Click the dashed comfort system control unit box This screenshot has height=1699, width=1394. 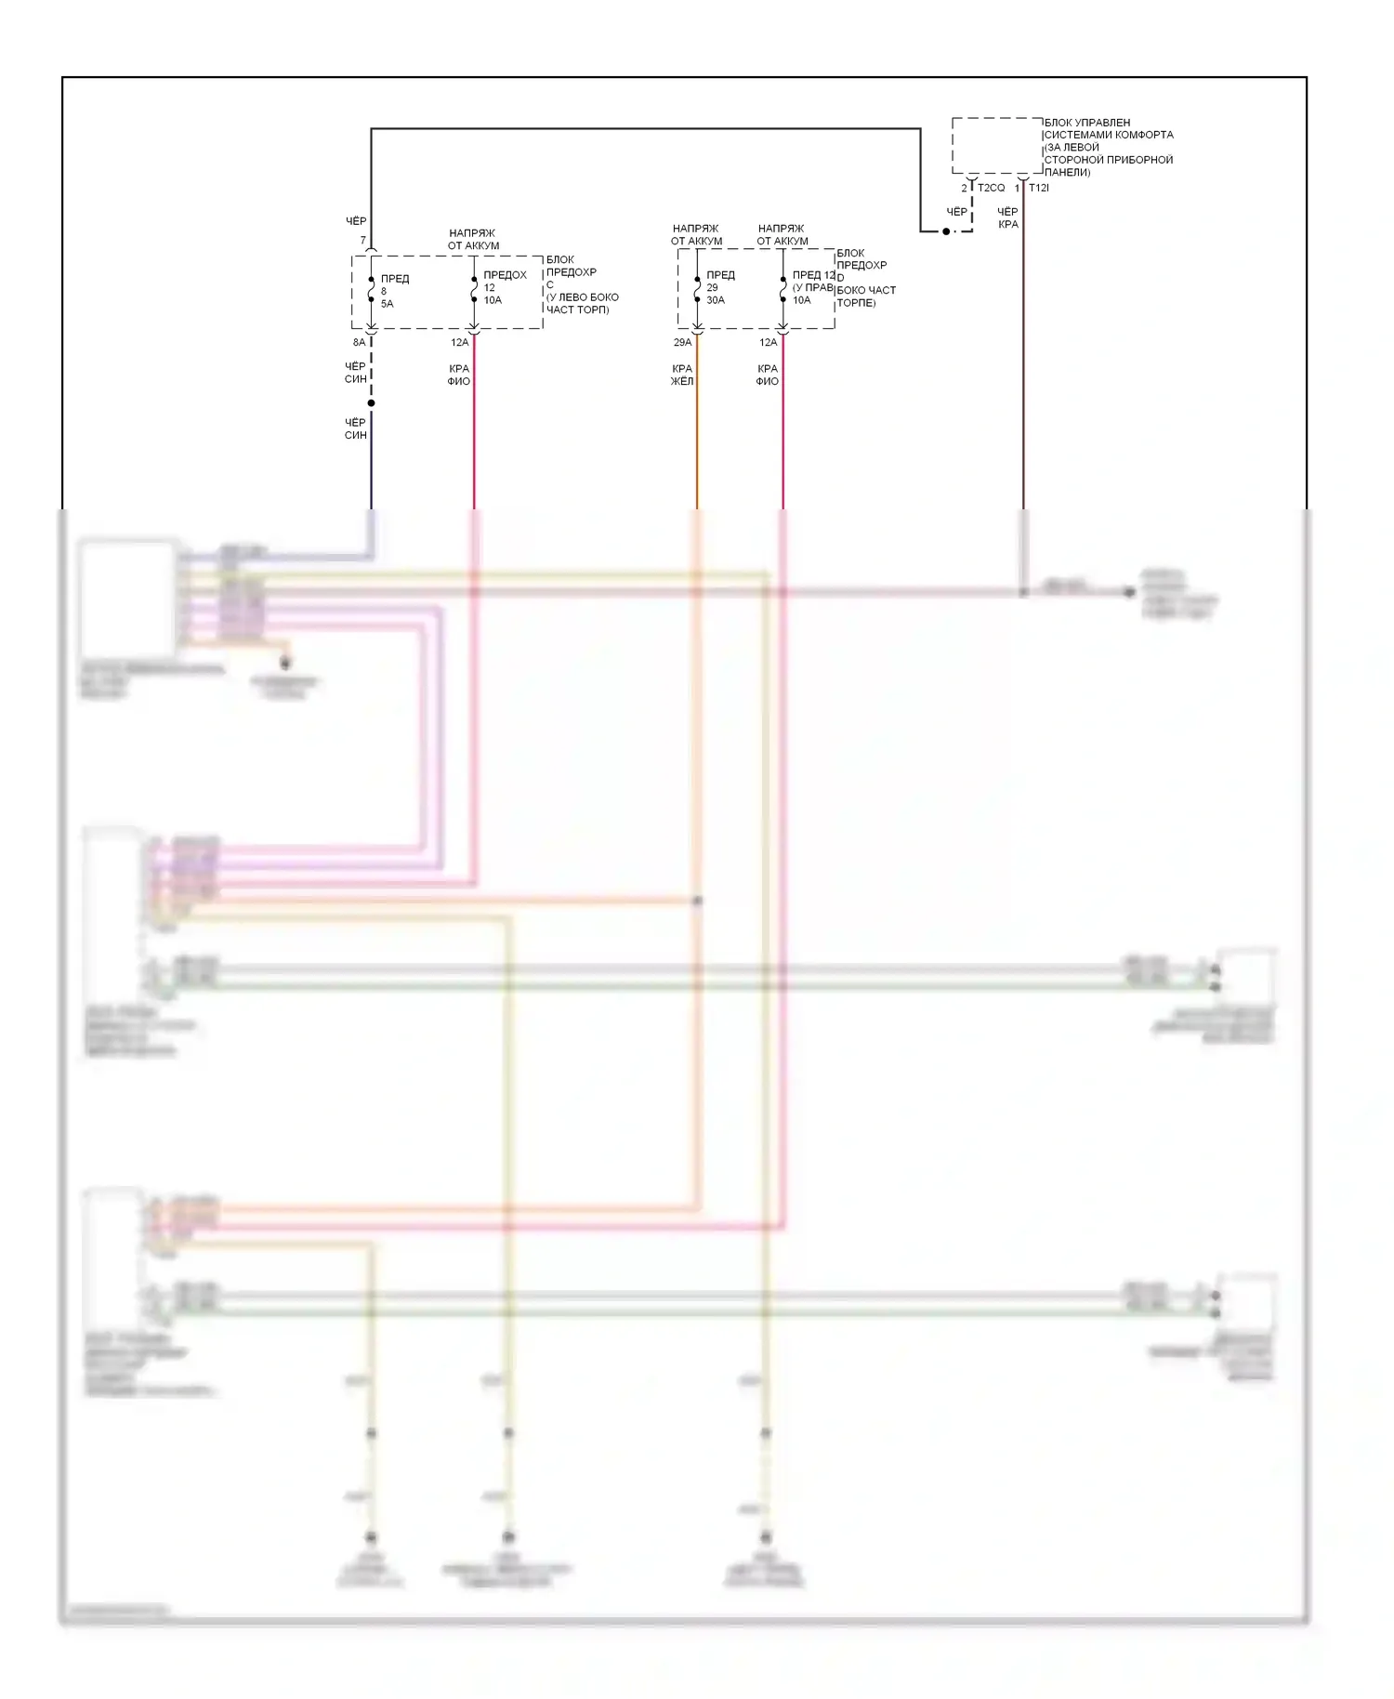[996, 145]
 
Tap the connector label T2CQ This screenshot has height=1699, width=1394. [991, 188]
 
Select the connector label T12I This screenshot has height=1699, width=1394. [1039, 188]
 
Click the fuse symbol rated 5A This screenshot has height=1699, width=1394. [371, 290]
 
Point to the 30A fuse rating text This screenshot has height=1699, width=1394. [716, 300]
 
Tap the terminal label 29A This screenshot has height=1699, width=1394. [682, 343]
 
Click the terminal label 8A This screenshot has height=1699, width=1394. [359, 343]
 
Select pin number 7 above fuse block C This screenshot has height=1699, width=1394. [362, 241]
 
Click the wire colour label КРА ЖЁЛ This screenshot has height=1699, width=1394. [682, 375]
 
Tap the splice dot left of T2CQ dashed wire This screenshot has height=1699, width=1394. [946, 230]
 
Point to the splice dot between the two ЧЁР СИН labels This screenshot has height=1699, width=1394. [371, 402]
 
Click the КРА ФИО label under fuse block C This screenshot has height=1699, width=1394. [459, 375]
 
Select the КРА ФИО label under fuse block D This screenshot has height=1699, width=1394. [768, 375]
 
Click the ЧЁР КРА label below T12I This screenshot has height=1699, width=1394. [1008, 217]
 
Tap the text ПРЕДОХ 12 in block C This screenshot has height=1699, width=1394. [505, 281]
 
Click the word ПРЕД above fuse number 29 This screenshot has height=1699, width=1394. [720, 275]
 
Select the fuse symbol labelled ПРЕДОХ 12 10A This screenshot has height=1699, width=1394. [474, 290]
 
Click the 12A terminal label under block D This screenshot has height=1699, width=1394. [768, 343]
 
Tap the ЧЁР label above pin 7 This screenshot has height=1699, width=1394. [356, 221]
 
